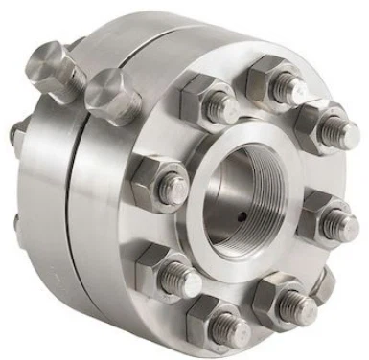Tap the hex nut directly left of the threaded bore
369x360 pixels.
tap(158, 181)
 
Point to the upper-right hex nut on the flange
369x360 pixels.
tap(318, 125)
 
